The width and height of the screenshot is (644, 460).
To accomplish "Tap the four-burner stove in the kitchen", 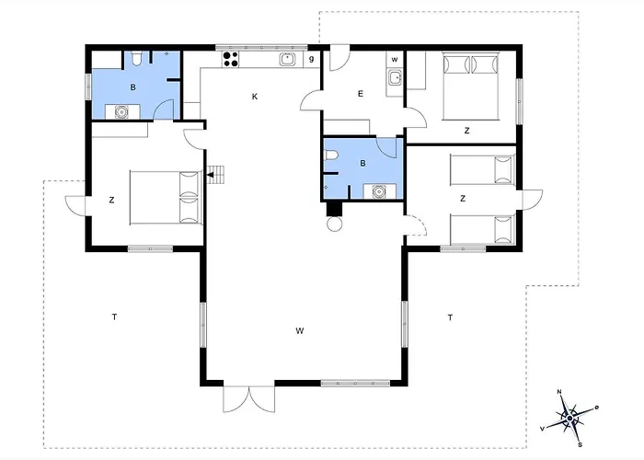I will (230, 60).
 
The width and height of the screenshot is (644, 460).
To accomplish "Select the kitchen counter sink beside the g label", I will (288, 60).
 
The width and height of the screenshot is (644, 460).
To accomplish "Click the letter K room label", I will (254, 96).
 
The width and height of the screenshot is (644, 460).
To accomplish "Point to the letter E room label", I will (360, 93).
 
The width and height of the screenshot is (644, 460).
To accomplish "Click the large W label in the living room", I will (300, 329).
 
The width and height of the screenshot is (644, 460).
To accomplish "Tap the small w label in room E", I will (394, 60).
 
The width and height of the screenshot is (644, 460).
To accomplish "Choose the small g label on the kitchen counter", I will (312, 59).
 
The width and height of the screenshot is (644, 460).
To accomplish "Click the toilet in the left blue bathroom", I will (135, 61).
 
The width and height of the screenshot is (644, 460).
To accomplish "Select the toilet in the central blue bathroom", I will (330, 162).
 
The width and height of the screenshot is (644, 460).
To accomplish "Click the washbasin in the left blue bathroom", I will (121, 111).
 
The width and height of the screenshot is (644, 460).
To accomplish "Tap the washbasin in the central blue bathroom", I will (379, 191).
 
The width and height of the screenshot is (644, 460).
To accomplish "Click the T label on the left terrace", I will (114, 317).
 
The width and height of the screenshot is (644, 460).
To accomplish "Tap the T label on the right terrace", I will (450, 317).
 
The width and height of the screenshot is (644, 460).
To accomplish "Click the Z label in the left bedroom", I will (111, 199).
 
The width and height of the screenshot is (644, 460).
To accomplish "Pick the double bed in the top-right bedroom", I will (470, 85).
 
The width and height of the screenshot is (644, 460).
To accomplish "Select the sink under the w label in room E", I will (395, 78).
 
